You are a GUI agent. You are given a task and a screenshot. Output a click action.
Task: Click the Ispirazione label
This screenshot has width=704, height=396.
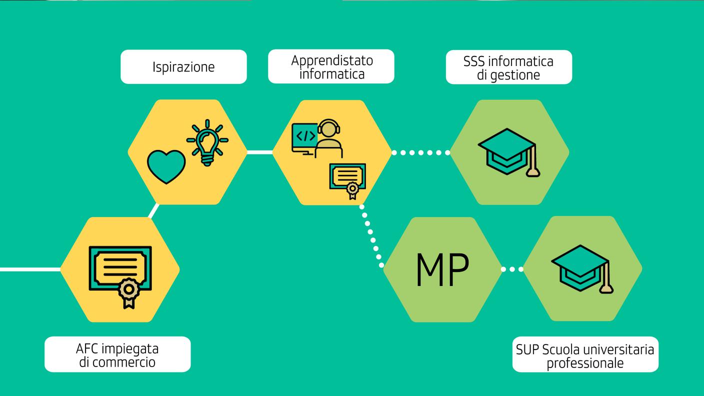[x=183, y=67]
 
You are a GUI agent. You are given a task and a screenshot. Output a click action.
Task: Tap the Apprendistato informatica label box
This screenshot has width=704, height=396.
[x=331, y=67]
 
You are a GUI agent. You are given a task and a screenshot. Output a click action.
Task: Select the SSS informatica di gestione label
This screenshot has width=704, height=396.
[x=508, y=67]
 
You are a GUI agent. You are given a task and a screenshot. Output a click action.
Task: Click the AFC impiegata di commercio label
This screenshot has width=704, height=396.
[x=117, y=354]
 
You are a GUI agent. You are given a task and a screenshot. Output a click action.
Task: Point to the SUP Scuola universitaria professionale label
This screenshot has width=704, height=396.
[x=585, y=355]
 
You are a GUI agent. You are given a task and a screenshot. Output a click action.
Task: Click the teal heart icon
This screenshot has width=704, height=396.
[x=166, y=166]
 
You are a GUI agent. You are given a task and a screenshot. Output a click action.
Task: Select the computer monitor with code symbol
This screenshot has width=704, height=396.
[x=305, y=136]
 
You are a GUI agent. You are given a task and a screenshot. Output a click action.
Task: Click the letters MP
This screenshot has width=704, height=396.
[x=442, y=270]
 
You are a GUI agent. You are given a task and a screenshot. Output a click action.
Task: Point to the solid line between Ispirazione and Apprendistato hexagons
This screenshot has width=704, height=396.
[x=259, y=152]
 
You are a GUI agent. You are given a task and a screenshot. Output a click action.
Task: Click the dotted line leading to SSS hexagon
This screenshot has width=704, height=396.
[x=420, y=152]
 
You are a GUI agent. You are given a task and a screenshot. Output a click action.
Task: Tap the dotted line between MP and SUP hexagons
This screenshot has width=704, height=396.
[x=512, y=269]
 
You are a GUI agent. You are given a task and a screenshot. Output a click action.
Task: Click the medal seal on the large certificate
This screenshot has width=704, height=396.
[x=128, y=289]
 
